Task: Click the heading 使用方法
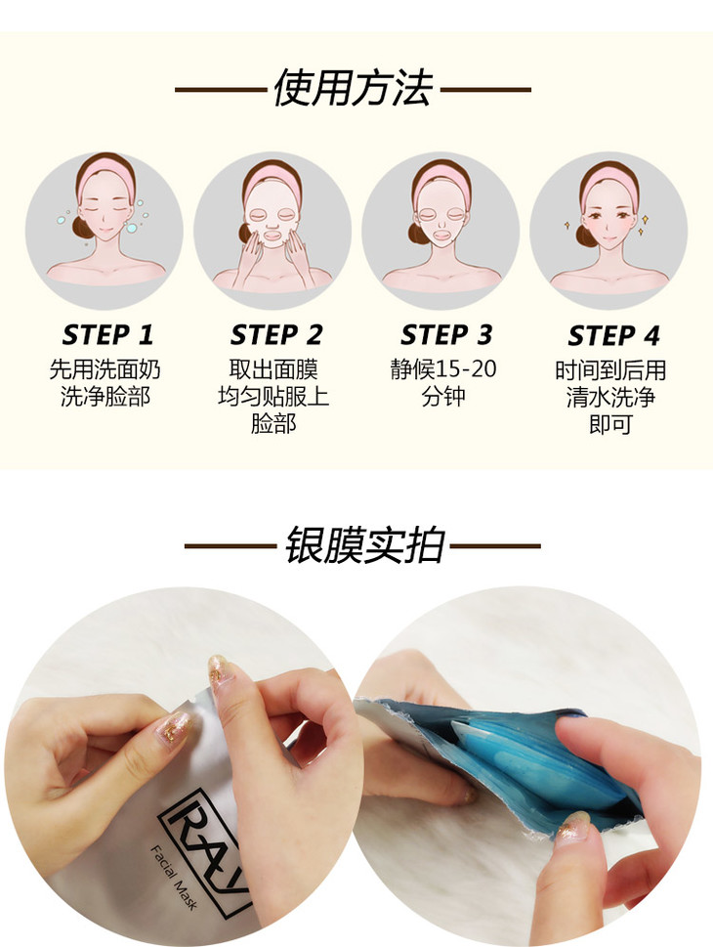click(x=354, y=88)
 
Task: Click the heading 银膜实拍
click(x=364, y=545)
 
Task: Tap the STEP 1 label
click(x=107, y=335)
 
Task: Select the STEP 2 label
click(x=276, y=335)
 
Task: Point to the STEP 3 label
click(x=446, y=335)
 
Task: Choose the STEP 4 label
click(x=613, y=336)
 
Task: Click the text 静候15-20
click(x=443, y=368)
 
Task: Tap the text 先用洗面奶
click(x=105, y=369)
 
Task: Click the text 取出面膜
click(x=273, y=369)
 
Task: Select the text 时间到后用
click(x=610, y=369)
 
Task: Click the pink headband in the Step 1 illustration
click(x=105, y=174)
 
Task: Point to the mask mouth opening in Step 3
click(x=441, y=233)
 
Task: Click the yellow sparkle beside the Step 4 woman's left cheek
click(x=644, y=219)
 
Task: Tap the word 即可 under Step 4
click(x=610, y=424)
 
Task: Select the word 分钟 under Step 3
click(x=443, y=396)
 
